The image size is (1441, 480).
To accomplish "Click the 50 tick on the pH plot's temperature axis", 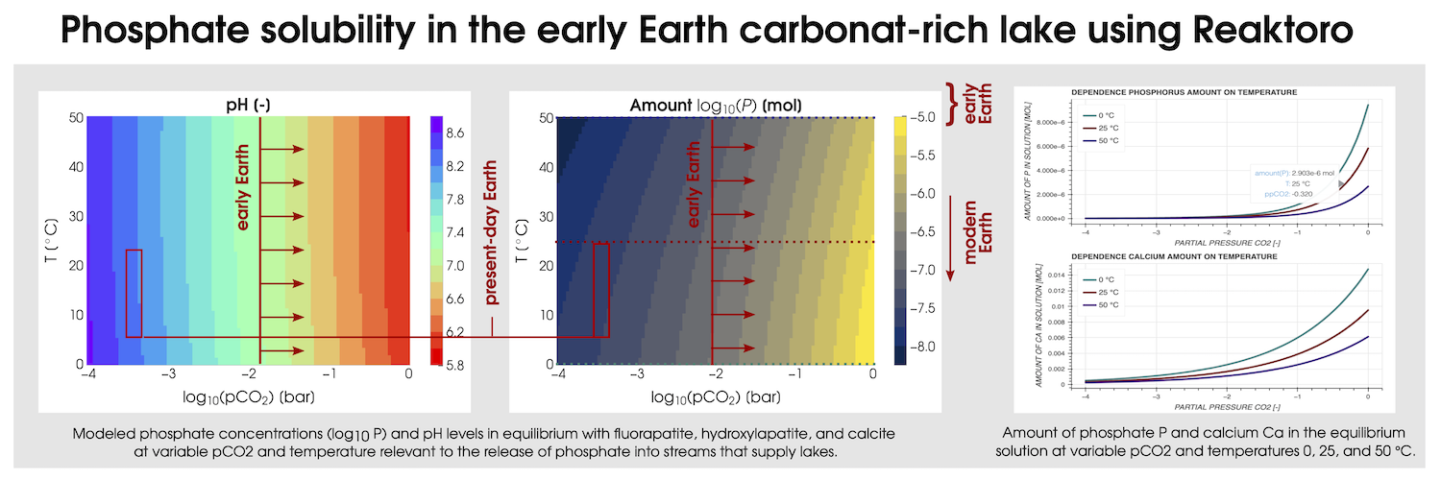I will (75, 118).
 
